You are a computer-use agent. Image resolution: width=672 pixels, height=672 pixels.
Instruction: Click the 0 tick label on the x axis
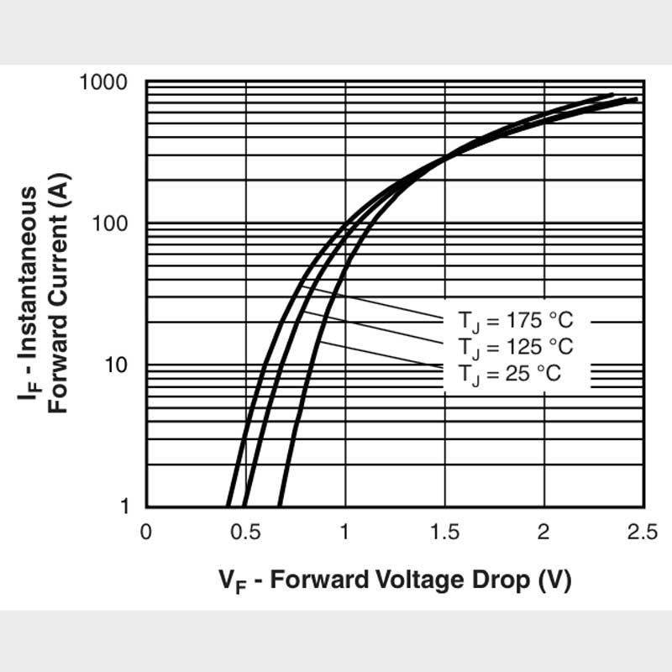coord(146,532)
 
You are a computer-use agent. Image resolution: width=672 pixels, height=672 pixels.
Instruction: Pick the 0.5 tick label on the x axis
coord(245,532)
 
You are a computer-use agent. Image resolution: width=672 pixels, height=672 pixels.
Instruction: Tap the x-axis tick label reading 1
coord(345,532)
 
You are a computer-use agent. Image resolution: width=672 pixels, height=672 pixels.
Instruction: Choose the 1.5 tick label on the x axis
coord(444,532)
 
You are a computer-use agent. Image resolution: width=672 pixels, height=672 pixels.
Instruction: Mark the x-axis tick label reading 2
coord(543,532)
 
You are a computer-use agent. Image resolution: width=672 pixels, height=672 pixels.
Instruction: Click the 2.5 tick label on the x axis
coord(643,532)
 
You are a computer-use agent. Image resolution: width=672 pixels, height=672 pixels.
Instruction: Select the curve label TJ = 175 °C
coord(516,321)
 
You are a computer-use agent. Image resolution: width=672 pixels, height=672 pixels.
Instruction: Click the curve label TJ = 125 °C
coord(516,346)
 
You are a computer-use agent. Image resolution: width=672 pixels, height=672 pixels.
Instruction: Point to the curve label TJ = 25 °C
coord(509,372)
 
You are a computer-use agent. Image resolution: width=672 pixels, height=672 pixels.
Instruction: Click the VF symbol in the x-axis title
coord(233,580)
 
